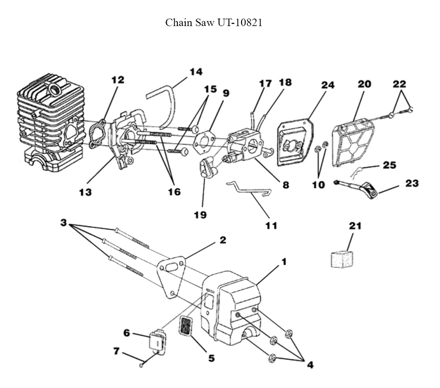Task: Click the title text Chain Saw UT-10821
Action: click(213, 23)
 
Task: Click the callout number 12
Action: click(117, 80)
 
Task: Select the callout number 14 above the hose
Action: click(196, 71)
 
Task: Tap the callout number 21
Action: click(355, 226)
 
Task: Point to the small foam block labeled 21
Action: click(342, 259)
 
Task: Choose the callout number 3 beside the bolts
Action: click(64, 223)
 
